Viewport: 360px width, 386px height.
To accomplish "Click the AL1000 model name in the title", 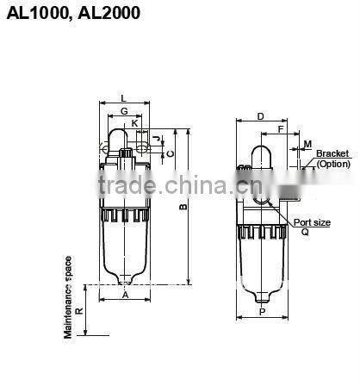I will coord(32,14).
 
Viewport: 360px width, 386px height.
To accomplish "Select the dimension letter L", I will coord(124,98).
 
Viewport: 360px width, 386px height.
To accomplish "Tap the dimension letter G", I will coord(124,111).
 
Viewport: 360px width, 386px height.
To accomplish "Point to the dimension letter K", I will coord(135,123).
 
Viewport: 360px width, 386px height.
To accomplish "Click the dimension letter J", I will coord(158,138).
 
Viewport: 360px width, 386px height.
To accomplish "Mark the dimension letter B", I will coord(183,208).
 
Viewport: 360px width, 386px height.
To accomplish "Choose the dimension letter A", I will coord(125,294).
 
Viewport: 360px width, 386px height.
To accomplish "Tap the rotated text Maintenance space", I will coord(67,296).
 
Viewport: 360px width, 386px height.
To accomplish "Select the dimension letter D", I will coord(260,115).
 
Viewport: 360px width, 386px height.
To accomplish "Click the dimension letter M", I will coord(307,144).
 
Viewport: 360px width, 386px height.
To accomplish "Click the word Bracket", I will coord(332,154).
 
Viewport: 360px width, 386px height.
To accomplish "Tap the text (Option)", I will coord(333,163).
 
